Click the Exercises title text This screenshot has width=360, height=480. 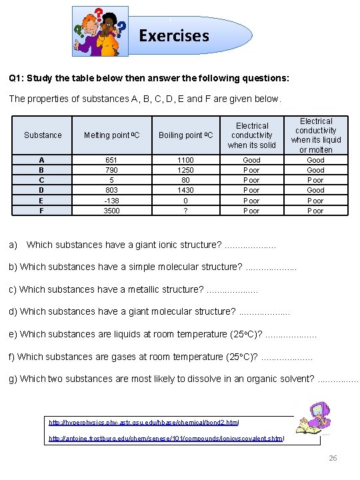173,35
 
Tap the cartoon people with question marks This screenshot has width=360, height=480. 101,32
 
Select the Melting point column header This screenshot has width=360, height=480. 111,135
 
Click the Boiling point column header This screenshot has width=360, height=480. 185,135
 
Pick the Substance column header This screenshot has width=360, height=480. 43,135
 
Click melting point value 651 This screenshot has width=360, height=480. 111,160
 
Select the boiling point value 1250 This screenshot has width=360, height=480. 185,170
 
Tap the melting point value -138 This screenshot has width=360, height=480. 111,201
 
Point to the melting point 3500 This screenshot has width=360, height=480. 111,211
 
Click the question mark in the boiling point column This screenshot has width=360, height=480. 185,211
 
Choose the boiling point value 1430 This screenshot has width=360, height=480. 185,191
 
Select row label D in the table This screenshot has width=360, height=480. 42,191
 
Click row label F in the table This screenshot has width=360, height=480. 42,211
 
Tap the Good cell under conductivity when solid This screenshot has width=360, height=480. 251,160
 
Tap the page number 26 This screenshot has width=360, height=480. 333,459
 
